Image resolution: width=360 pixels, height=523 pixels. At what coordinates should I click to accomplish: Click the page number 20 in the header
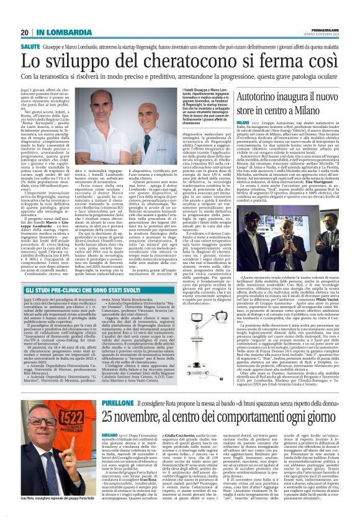pos(25,32)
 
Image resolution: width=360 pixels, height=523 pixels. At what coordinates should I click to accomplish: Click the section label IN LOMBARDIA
pos(60,32)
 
